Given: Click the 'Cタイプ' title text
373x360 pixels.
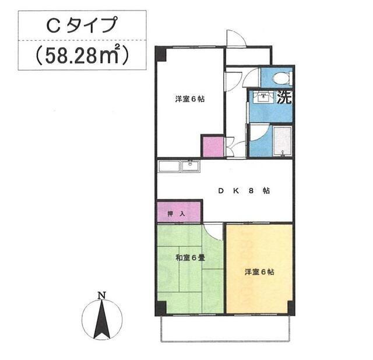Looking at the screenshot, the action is point(82,25).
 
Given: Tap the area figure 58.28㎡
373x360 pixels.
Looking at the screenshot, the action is point(82,55).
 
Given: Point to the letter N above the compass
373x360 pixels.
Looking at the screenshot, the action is point(102,295).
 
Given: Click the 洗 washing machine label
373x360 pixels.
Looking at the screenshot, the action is point(284,97).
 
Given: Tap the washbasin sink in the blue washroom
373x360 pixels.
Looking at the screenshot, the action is point(263,97).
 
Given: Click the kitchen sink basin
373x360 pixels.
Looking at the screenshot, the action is point(191,166).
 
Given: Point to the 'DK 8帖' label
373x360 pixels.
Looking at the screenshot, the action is point(244,191).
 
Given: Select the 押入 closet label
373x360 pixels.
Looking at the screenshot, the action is point(176,214).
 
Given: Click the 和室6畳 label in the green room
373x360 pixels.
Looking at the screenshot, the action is point(191,258).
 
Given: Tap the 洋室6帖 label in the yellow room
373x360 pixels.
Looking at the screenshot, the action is point(259,272).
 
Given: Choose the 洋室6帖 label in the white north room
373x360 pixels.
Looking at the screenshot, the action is point(190,99).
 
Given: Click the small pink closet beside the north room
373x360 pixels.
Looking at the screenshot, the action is point(213,146).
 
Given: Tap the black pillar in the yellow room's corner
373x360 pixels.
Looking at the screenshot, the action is point(291,307).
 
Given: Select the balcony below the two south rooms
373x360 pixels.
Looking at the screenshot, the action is point(226,328).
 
